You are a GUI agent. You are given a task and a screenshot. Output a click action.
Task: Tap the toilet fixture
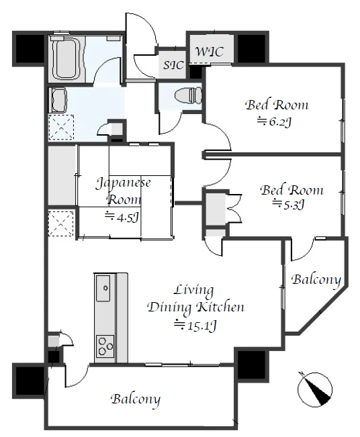click(188, 95)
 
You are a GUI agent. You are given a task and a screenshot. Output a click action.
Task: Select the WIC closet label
click(209, 52)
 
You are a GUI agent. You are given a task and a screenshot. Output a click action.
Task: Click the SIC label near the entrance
click(173, 65)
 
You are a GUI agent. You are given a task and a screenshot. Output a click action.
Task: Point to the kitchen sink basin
click(103, 288)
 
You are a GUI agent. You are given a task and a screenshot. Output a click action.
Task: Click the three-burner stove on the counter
click(105, 346)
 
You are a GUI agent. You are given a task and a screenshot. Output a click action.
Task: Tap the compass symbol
click(315, 389)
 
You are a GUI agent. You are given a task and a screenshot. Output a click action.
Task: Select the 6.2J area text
click(274, 122)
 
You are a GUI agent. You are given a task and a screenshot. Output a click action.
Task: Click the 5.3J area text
click(289, 204)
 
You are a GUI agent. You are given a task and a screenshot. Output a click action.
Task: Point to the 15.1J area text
click(195, 325)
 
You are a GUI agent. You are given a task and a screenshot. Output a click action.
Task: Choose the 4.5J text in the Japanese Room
click(122, 217)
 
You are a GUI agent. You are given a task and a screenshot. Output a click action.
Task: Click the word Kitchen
click(220, 307)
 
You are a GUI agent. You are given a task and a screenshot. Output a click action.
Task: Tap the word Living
click(194, 291)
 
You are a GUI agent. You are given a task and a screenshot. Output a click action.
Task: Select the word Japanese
click(124, 183)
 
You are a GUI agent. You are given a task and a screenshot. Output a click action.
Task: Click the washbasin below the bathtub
click(58, 99)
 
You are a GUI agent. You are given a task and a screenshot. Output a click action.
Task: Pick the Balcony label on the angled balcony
click(316, 279)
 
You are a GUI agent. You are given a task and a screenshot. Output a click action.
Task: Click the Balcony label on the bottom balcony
click(136, 399)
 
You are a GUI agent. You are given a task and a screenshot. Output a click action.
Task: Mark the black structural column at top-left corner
click(30, 48)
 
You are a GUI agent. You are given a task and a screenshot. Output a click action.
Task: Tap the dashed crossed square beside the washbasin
click(61, 127)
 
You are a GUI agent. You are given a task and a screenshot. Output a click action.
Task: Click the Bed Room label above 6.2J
click(277, 105)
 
